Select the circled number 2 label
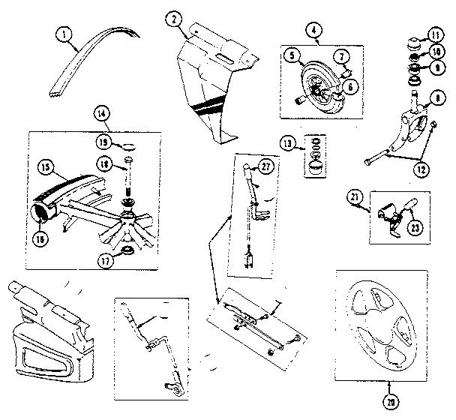[x=175, y=19]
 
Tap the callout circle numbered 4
[x=312, y=30]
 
